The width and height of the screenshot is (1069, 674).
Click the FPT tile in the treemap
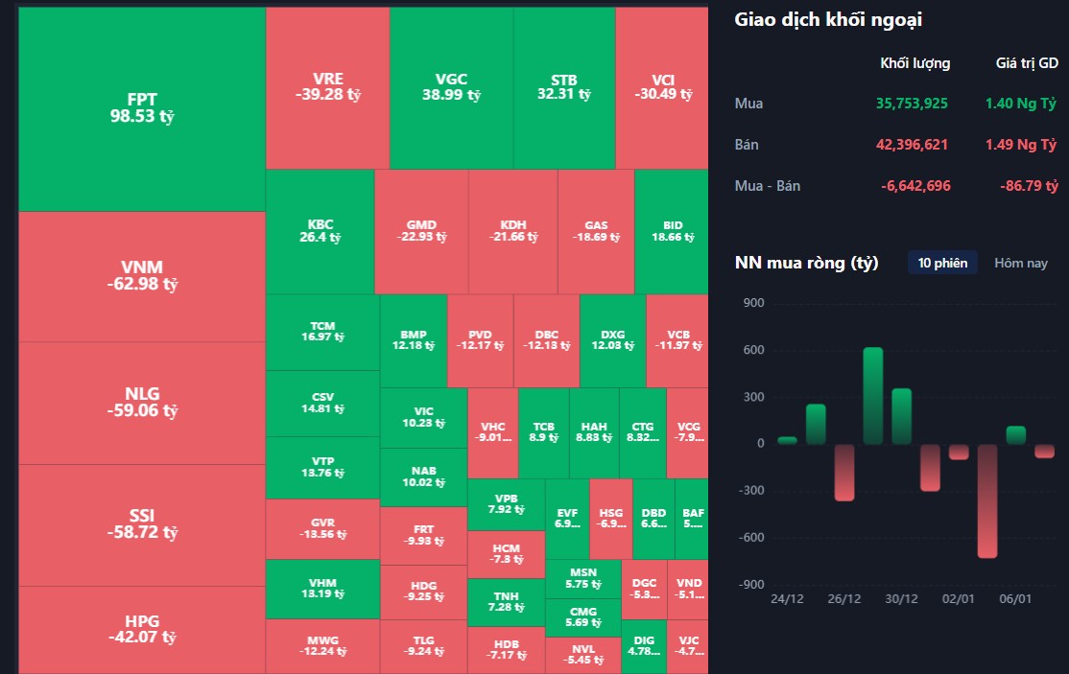[x=142, y=107]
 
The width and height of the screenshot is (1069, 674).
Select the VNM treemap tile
[x=142, y=275]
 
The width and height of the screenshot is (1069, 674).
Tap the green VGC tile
[x=451, y=87]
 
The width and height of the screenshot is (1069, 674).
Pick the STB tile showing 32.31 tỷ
[x=564, y=87]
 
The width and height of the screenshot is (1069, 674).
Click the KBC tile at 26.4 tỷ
[x=321, y=231]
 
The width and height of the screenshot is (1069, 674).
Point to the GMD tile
[x=421, y=231]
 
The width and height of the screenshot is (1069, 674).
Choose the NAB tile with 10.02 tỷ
[x=423, y=476]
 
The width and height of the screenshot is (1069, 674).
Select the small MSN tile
[x=582, y=578]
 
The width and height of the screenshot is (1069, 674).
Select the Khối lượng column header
[x=915, y=63]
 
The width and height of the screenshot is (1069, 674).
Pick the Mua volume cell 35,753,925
[x=913, y=104]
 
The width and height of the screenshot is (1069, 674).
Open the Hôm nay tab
[x=1021, y=263]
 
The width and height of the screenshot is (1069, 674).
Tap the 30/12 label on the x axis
[x=902, y=599]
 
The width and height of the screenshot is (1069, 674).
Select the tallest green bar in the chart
[x=873, y=395]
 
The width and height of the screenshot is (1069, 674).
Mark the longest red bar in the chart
[x=987, y=500]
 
